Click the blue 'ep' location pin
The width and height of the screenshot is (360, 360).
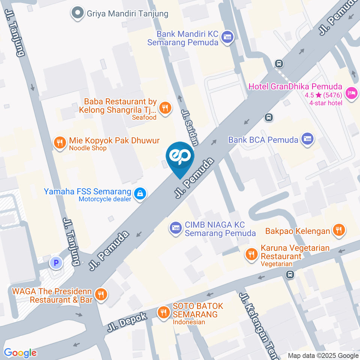pyautogui.click(x=180, y=157)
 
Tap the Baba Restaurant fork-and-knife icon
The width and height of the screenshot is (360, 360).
pyautogui.click(x=165, y=108)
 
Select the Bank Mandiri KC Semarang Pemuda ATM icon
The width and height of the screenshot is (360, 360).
pyautogui.click(x=227, y=37)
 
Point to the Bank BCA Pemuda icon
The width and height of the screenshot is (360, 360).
pyautogui.click(x=307, y=139)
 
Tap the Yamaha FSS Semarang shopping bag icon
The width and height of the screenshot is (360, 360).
pyautogui.click(x=140, y=194)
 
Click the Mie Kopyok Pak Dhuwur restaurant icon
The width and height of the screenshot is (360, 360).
pyautogui.click(x=59, y=143)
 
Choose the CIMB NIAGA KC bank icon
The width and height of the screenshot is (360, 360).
pyautogui.click(x=175, y=227)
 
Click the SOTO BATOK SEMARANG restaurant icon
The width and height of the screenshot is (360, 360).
pyautogui.click(x=163, y=312)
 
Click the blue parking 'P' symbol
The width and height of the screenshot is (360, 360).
pyautogui.click(x=56, y=263)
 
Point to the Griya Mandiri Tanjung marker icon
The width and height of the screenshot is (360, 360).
pyautogui.click(x=78, y=13)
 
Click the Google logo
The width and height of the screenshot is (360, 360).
pyautogui.click(x=20, y=353)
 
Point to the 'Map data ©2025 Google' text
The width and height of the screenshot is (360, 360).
pyautogui.click(x=323, y=355)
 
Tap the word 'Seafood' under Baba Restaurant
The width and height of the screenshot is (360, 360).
pyautogui.click(x=144, y=117)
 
